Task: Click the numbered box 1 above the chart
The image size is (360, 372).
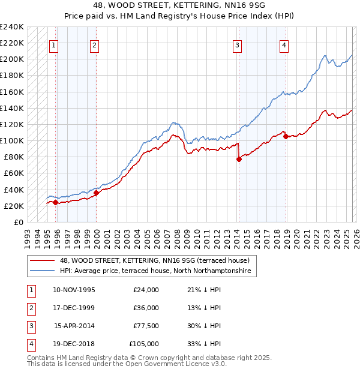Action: pyautogui.click(x=54, y=44)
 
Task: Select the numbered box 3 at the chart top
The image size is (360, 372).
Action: pyautogui.click(x=238, y=44)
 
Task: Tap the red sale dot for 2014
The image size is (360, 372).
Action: pyautogui.click(x=239, y=159)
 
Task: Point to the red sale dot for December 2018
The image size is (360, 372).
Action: pyautogui.click(x=286, y=137)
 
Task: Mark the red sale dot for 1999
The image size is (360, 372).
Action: pyautogui.click(x=96, y=193)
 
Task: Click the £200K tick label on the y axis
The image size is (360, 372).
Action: pyautogui.click(x=12, y=59)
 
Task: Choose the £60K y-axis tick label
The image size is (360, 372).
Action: pyautogui.click(x=14, y=173)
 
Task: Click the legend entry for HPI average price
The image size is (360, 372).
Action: pyautogui.click(x=158, y=271)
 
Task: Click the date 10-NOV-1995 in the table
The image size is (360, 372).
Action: pyautogui.click(x=74, y=290)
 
